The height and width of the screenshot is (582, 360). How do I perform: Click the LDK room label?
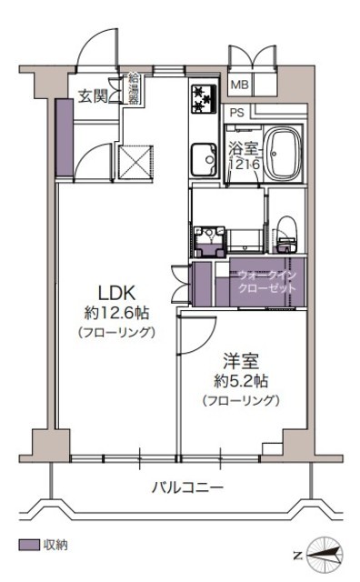click(116, 293)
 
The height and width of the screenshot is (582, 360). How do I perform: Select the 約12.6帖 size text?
click(116, 313)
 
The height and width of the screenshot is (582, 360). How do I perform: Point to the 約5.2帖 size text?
click(241, 381)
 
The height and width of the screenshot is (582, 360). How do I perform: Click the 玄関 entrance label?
click(93, 97)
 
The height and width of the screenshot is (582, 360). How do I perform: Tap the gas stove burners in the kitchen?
click(204, 99)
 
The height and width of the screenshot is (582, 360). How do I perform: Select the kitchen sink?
click(204, 160)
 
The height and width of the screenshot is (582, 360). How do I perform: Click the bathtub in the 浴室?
click(283, 153)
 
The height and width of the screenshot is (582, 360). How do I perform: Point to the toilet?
click(286, 235)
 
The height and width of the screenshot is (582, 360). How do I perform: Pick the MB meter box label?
click(240, 85)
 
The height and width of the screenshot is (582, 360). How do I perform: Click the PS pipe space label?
click(237, 113)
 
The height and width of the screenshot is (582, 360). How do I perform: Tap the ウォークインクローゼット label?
click(267, 282)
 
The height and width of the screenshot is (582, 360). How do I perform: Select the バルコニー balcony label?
click(187, 487)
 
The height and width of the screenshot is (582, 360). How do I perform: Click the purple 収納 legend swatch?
click(29, 545)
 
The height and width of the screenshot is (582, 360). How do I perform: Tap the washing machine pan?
click(209, 242)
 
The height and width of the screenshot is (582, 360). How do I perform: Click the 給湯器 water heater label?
click(134, 89)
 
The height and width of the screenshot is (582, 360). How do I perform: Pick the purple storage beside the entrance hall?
click(65, 137)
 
